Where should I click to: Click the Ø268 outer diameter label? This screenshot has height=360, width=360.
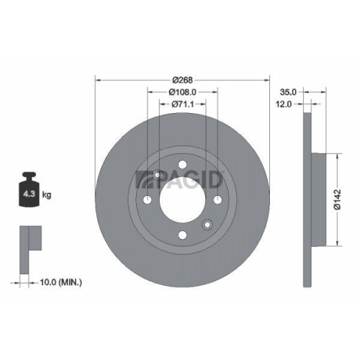click(182, 80)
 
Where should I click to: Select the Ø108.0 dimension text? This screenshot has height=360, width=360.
click(182, 92)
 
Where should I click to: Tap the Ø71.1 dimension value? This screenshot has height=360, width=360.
click(182, 104)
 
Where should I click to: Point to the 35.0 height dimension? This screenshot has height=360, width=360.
click(288, 93)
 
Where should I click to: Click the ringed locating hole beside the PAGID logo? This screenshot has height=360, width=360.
click(157, 174)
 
